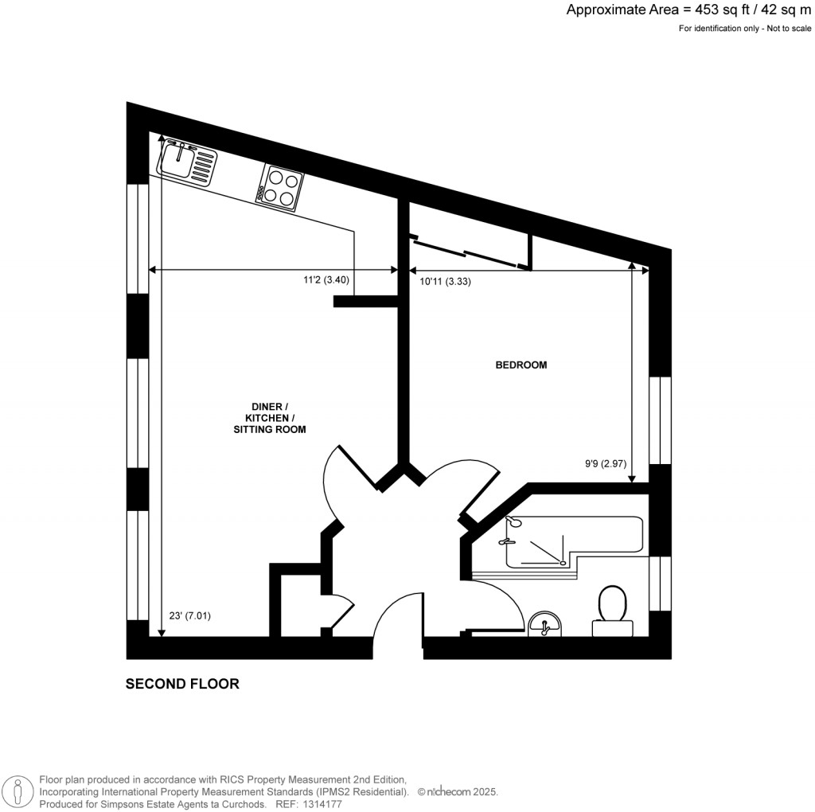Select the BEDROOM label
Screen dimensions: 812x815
(x=521, y=365)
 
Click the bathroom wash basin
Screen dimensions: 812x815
(x=546, y=624)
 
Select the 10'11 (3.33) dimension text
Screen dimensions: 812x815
(x=446, y=281)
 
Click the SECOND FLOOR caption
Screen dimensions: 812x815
(x=182, y=684)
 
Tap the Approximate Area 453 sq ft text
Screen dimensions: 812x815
(x=689, y=10)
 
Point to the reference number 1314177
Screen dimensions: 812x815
(x=322, y=803)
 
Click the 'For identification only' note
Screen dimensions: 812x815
(x=745, y=29)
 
